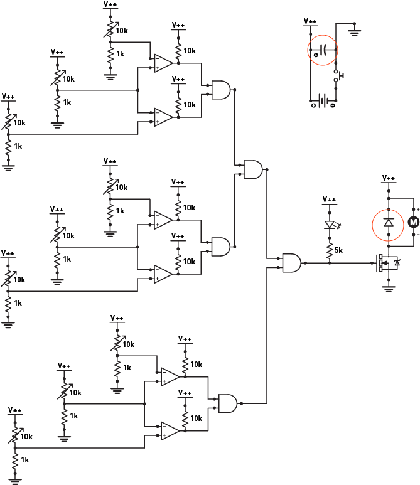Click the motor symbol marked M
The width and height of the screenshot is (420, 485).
(413, 222)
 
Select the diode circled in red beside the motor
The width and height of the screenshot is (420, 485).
(389, 224)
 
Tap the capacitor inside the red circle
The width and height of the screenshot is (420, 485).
(323, 50)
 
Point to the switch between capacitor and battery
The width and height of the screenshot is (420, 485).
(337, 76)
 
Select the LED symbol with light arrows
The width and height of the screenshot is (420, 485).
(330, 223)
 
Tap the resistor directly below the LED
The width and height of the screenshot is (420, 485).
(330, 249)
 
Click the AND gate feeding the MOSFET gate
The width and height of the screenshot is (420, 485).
(291, 263)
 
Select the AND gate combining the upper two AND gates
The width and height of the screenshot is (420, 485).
(253, 169)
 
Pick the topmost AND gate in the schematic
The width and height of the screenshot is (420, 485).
(221, 90)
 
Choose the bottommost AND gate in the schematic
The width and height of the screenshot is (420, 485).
(227, 403)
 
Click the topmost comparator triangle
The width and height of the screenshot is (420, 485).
(163, 63)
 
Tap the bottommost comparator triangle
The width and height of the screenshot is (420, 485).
(170, 430)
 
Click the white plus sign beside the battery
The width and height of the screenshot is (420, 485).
(313, 105)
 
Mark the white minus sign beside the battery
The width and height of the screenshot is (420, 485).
(333, 105)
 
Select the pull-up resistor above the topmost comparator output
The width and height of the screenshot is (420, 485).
(178, 48)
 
